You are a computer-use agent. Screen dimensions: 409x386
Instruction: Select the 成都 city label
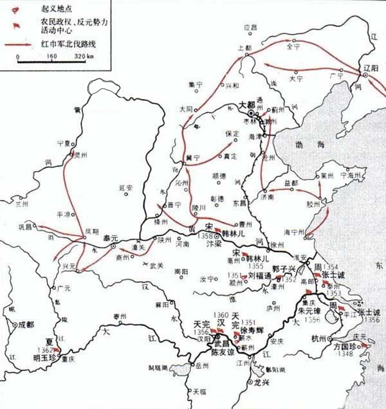24,325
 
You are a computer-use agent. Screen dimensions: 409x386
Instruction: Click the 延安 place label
126,188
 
